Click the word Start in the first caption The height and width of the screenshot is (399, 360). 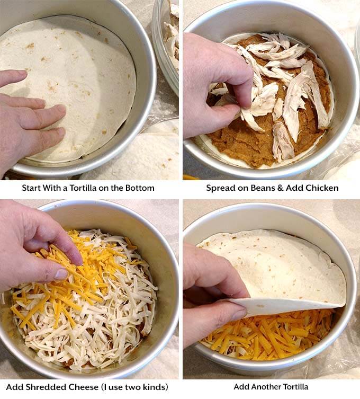point(31,188)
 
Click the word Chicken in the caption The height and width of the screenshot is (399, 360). point(322,188)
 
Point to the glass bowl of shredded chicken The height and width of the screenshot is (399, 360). point(168,37)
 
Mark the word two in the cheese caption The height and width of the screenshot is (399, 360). point(136,387)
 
